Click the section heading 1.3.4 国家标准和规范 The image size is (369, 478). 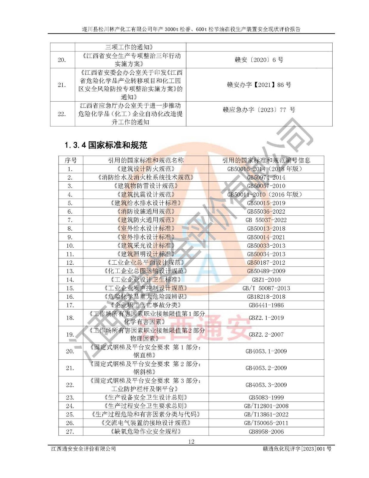[106, 145]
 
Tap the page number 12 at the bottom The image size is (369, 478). [191, 441]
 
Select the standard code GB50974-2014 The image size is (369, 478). [266, 177]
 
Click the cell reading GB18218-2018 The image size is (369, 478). [266, 297]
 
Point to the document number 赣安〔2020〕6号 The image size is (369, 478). [259, 60]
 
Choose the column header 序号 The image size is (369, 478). [70, 160]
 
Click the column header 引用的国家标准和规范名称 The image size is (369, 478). [146, 160]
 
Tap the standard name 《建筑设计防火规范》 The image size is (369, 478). [146, 169]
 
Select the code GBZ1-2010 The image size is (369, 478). [266, 280]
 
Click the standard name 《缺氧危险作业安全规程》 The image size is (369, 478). [146, 431]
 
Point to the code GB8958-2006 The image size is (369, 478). [266, 431]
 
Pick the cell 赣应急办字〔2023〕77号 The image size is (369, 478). [259, 110]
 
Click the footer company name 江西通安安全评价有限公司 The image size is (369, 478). [84, 449]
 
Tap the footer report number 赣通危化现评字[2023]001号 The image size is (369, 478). [297, 449]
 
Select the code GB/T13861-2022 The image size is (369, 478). [266, 414]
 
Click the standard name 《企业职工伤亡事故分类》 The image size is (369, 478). [146, 305]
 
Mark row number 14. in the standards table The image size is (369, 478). [70, 280]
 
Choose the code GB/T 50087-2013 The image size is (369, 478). [266, 288]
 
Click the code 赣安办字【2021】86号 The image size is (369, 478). [259, 85]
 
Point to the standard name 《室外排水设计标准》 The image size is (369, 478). [146, 237]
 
